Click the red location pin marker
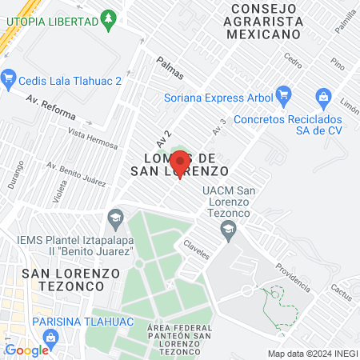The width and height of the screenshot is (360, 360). (x=181, y=164)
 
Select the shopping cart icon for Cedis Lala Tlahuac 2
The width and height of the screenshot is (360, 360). (x=10, y=78)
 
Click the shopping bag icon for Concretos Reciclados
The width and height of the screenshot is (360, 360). (x=323, y=97)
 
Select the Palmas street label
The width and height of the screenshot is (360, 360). (x=170, y=69)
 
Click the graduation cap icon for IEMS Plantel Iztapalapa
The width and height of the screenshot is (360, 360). (x=117, y=216)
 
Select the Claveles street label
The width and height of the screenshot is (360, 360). (x=196, y=250)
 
